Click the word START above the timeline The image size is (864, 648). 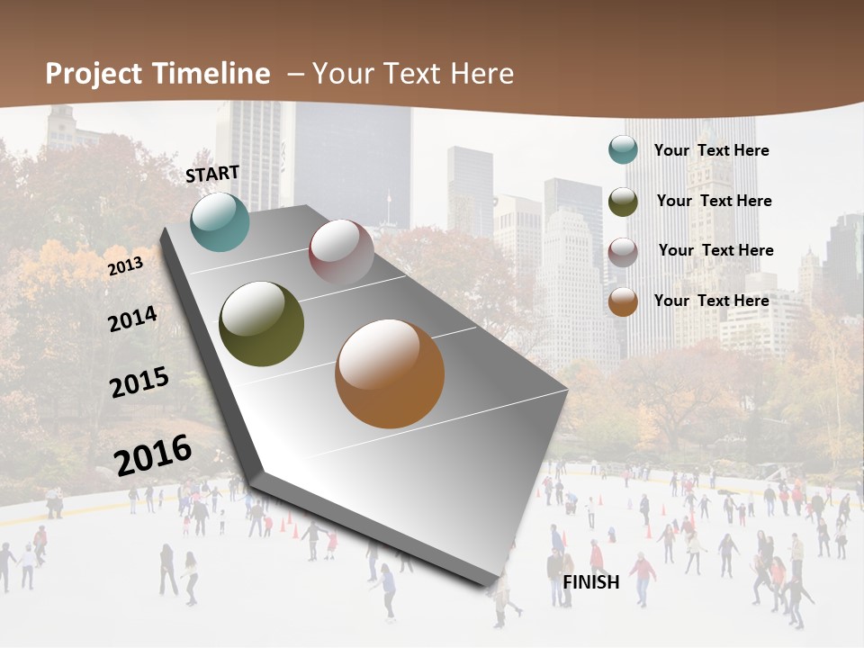tap(212, 174)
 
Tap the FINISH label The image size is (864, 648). tap(591, 582)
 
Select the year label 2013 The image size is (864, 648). tap(125, 266)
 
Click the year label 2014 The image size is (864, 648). tap(132, 319)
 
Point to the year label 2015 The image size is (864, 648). tap(139, 382)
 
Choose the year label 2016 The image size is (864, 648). tap(153, 455)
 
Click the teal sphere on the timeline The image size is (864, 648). tap(220, 221)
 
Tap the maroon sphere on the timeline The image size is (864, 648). tap(341, 253)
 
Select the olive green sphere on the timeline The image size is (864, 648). tap(262, 324)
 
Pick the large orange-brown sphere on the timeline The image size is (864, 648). tap(390, 373)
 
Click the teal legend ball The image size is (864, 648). tap(623, 149)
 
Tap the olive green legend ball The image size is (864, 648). tap(623, 202)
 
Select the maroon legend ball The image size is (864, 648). tap(623, 252)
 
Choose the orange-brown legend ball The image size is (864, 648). tap(623, 301)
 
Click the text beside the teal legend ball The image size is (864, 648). tap(711, 151)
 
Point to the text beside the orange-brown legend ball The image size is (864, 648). tap(711, 301)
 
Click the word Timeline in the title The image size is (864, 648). tap(211, 74)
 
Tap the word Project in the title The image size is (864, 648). tap(94, 74)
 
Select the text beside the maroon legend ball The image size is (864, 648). tap(715, 250)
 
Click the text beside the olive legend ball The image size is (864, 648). tap(714, 201)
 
